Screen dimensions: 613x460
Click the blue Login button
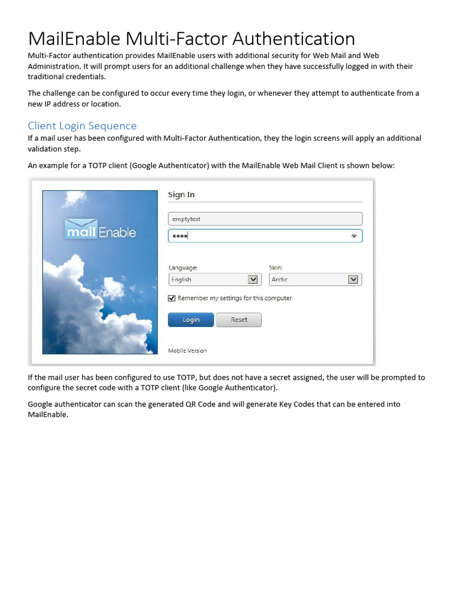pos(191,320)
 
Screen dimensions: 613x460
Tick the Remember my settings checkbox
pos(172,298)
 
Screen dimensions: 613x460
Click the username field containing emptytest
pos(265,219)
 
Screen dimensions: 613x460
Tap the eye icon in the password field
pos(354,236)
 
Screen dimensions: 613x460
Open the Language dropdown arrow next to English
pos(253,280)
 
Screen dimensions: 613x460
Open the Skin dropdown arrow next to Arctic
pos(353,280)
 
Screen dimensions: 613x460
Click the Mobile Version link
pos(187,351)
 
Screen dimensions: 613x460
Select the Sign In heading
pos(181,195)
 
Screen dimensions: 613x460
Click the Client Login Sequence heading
pos(82,126)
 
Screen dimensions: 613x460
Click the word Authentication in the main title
pos(293,39)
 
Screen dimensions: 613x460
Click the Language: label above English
pos(183,268)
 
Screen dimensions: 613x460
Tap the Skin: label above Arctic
pos(276,268)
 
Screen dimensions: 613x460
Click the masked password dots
pos(180,236)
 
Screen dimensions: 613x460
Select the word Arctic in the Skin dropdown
pos(280,280)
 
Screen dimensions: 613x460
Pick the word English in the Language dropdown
pos(181,280)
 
